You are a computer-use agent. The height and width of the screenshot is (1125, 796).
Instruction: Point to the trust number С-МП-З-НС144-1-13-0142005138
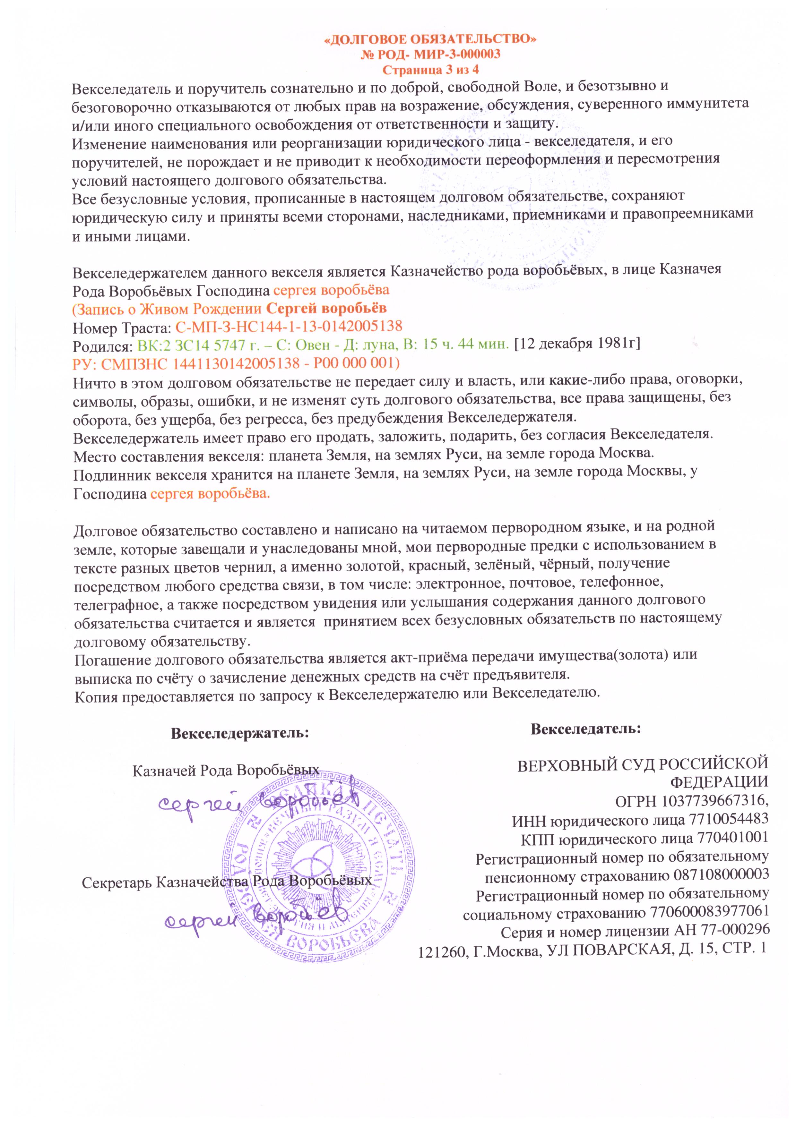click(289, 326)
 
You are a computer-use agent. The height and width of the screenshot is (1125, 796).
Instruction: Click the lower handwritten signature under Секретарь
click(255, 918)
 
